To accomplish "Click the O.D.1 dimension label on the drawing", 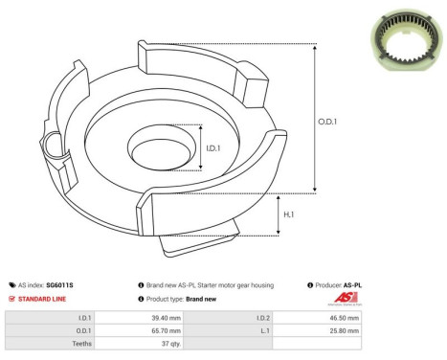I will tap(327, 121).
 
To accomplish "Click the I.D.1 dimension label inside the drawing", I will tap(215, 148).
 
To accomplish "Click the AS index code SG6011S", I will tap(59, 285).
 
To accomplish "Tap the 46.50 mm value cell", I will tap(343, 316).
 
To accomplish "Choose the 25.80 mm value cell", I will tap(343, 330).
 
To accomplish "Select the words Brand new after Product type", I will tap(202, 300).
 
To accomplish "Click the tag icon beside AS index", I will tap(11, 285).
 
